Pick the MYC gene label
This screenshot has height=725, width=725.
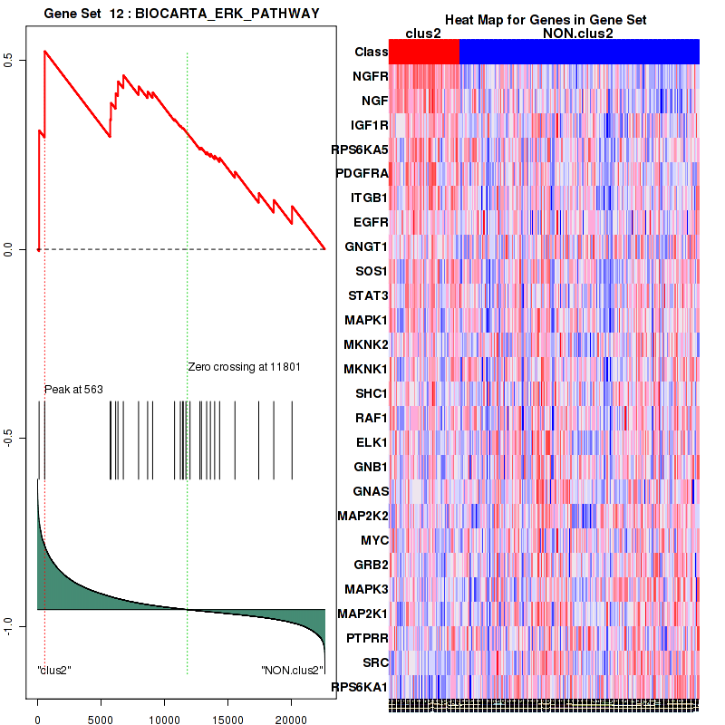coord(374,540)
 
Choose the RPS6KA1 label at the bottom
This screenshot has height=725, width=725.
coord(361,686)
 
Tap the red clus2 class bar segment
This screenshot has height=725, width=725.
coord(424,52)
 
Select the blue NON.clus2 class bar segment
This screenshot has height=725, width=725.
coord(579,52)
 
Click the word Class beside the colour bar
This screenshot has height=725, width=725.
coord(371,52)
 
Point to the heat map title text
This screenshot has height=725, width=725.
coord(545,20)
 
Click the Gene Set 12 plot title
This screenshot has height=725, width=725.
coord(181,12)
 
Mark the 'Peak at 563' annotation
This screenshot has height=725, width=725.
coord(73,389)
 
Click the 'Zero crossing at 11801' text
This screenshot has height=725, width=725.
coord(244,367)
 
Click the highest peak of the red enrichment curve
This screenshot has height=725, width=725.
coord(44,51)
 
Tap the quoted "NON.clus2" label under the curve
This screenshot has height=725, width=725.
coord(291,670)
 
